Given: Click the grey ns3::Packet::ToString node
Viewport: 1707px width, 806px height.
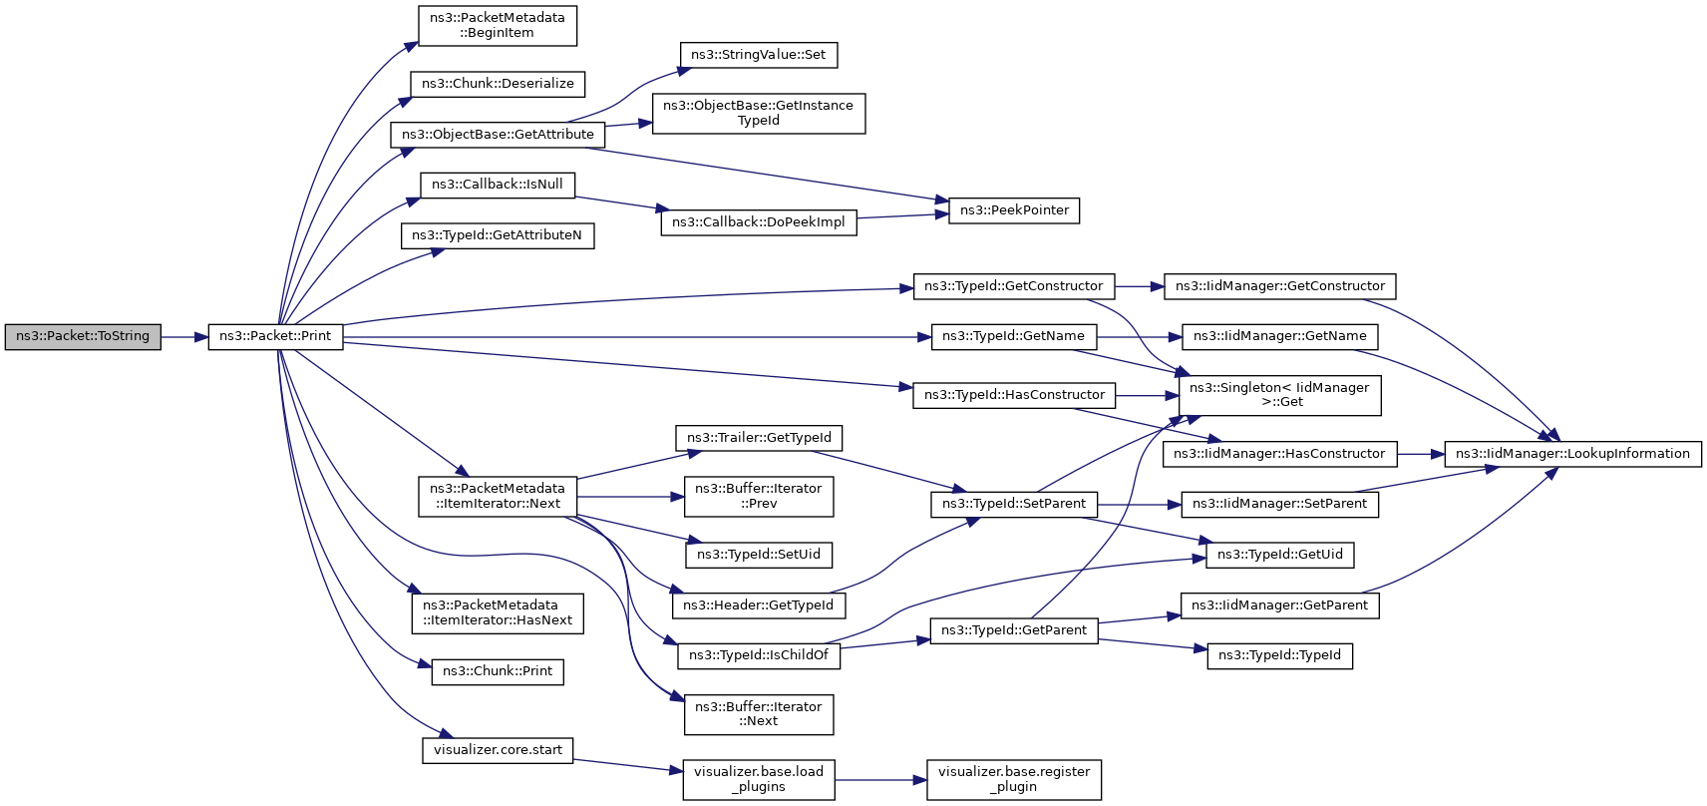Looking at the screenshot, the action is coord(83,337).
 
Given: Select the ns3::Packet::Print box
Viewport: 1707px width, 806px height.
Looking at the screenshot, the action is coord(276,337).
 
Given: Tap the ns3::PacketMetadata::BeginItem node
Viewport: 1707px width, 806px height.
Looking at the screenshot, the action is coord(498,26).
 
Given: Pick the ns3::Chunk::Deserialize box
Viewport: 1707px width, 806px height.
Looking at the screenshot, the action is coord(498,84).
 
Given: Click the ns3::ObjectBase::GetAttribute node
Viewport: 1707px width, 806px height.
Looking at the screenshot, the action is coord(498,135).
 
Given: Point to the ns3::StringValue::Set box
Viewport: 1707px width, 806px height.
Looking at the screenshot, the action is coord(759,55).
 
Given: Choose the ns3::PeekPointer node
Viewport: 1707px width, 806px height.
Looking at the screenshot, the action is coord(1014,210).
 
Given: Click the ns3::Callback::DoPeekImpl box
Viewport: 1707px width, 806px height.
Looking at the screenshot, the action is coord(759,222).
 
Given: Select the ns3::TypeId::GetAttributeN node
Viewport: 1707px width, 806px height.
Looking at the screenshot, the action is coord(498,235).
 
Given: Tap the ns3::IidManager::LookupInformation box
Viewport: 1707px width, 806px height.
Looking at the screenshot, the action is coord(1572,454).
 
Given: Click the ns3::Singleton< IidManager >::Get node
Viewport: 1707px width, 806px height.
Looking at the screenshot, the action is coord(1280,395).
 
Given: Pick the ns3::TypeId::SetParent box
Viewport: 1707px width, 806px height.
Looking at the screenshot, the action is coord(1014,505).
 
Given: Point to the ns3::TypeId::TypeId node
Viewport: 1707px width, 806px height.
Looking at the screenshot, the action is coord(1280,656).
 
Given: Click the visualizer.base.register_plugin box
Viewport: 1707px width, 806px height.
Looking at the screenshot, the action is coord(1014,780).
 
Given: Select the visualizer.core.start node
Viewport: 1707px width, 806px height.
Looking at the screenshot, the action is coord(498,750).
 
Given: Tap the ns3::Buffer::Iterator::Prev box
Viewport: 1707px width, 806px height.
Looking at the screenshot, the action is coord(759,497).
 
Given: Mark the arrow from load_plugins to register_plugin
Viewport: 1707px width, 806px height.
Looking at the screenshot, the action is coord(881,780).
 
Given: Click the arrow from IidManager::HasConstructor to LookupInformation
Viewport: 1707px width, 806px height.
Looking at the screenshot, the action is coord(1421,454).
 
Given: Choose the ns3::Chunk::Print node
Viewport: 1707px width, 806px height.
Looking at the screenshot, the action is coord(498,672).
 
